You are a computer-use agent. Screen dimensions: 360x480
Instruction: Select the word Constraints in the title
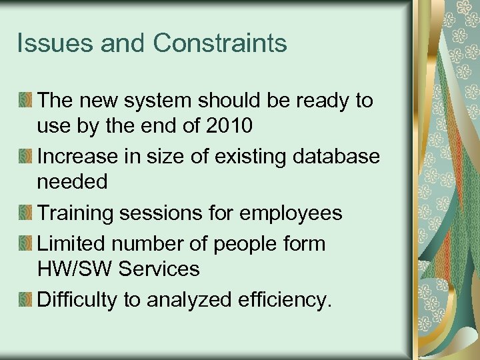pyautogui.click(x=220, y=43)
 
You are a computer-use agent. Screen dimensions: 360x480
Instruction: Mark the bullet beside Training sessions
pyautogui.click(x=25, y=213)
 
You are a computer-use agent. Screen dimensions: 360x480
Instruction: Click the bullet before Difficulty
pyautogui.click(x=25, y=299)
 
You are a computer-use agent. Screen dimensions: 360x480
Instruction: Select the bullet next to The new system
pyautogui.click(x=25, y=101)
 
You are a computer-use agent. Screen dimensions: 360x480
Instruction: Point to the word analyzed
pyautogui.click(x=188, y=300)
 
